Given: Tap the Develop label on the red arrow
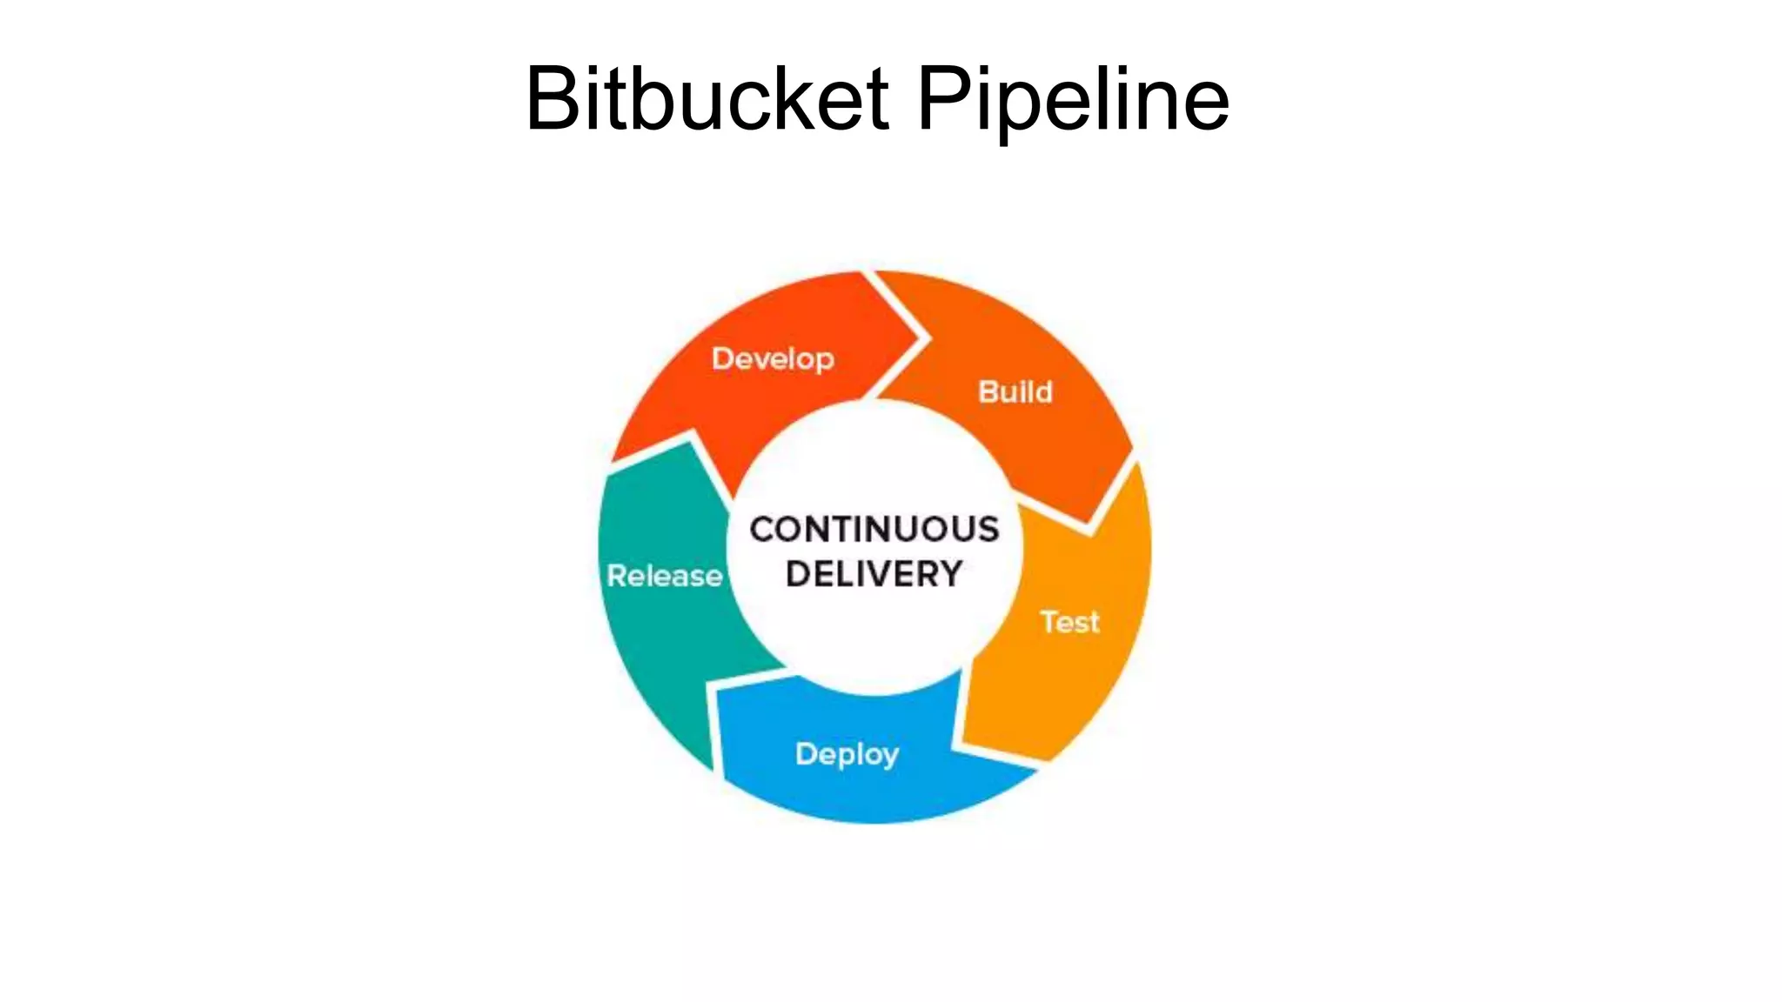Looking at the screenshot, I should (773, 358).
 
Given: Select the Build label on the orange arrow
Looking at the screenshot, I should (1015, 392).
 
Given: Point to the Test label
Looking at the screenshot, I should (1069, 622).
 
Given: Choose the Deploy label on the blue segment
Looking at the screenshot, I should (847, 754).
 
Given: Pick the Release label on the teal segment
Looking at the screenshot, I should (665, 576).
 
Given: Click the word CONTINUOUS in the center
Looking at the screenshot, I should (874, 530).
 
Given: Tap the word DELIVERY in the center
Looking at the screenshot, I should (874, 574).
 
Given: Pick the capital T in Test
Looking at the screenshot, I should (1050, 621).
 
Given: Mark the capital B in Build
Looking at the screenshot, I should (988, 392).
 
